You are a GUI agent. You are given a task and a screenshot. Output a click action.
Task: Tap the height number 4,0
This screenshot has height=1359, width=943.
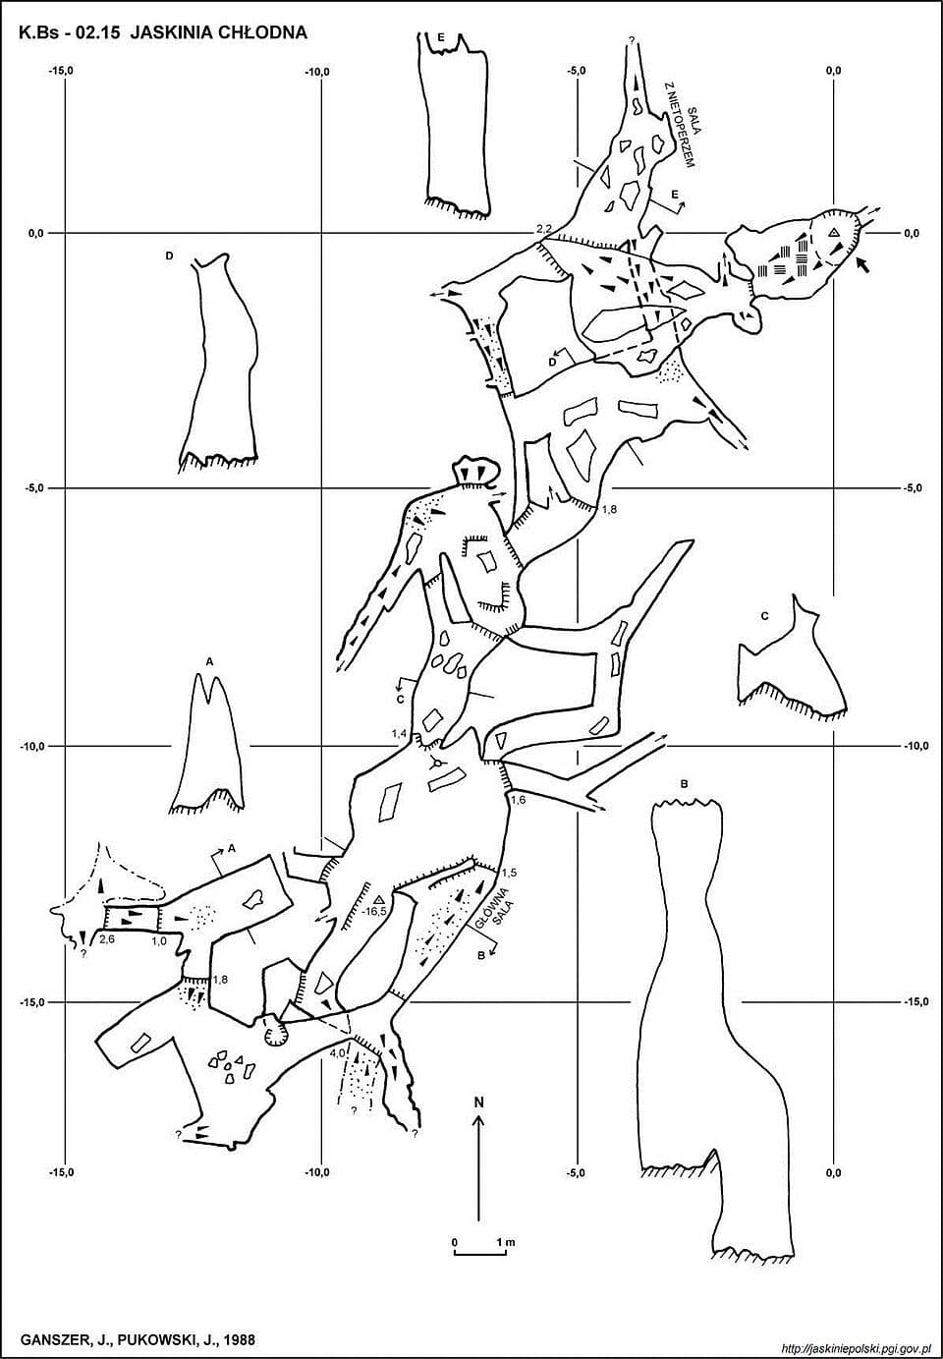(x=337, y=1052)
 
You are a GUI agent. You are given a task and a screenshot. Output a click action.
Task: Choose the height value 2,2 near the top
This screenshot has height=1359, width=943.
(x=543, y=229)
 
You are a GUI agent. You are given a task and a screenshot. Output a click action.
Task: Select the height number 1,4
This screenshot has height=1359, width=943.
(x=399, y=733)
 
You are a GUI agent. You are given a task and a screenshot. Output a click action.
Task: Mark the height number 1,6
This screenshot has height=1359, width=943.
(x=518, y=800)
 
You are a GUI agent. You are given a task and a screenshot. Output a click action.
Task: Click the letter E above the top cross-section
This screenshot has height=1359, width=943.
(x=441, y=37)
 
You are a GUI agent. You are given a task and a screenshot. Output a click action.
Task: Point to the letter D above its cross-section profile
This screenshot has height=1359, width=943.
(x=169, y=256)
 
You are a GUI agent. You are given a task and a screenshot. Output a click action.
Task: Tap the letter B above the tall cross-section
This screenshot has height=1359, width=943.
(x=684, y=784)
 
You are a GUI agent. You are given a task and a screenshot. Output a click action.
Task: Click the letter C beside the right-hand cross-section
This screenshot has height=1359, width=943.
(x=764, y=616)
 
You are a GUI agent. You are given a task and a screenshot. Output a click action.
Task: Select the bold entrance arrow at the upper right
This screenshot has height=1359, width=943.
(x=862, y=264)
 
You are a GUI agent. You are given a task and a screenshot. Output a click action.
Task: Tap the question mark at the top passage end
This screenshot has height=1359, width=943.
(x=632, y=40)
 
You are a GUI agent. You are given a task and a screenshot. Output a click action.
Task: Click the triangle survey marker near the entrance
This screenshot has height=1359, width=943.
(x=834, y=232)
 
